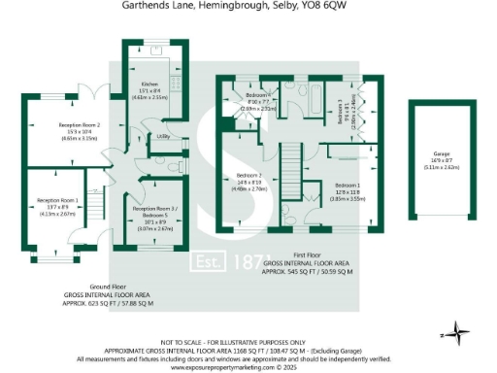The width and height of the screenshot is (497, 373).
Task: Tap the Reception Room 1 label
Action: (x=54, y=203)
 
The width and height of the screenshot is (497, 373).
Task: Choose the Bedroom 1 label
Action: (x=348, y=187)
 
